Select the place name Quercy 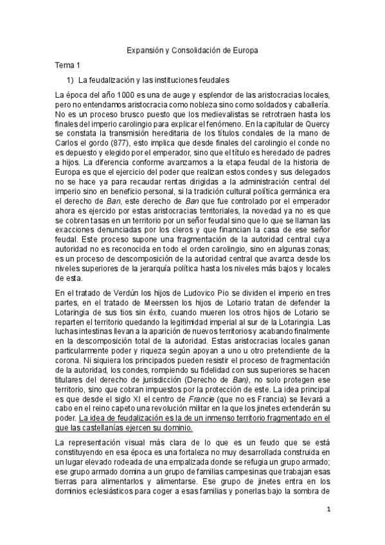click(317, 122)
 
